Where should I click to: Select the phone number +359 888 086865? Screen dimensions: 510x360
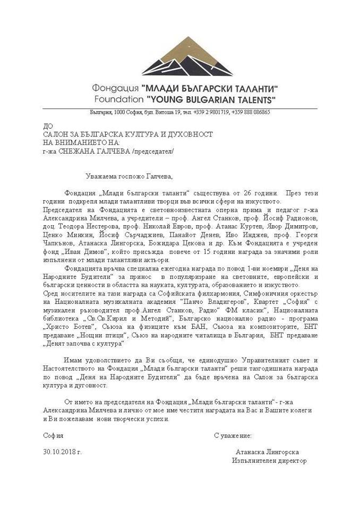point(250,113)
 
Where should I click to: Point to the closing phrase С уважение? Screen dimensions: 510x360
point(233,435)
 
